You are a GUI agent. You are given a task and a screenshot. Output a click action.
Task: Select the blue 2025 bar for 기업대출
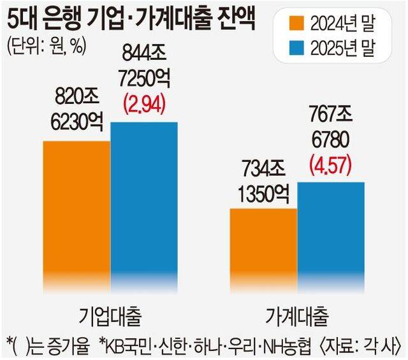(x=143, y=204)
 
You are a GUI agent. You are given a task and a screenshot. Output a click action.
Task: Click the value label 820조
(x=76, y=97)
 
